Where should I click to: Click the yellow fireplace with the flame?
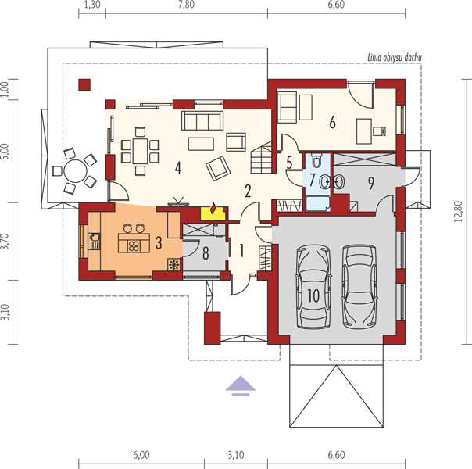213,213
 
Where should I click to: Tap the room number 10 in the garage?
313,295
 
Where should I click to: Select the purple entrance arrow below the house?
241,386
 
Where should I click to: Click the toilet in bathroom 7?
316,160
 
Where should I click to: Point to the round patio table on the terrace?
76,171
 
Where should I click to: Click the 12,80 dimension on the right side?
459,211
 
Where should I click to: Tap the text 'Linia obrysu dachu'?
395,58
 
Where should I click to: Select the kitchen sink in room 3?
95,241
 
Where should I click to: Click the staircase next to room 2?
262,159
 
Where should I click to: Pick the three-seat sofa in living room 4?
202,120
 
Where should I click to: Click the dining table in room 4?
141,151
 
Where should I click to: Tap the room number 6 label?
332,123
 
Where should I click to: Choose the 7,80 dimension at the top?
186,5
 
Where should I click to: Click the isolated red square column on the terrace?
84,84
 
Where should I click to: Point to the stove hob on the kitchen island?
134,246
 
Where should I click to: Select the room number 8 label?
206,253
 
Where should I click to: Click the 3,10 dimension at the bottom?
236,455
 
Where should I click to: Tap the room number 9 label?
371,183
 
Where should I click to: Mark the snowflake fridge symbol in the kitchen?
174,264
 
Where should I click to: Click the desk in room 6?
364,131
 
